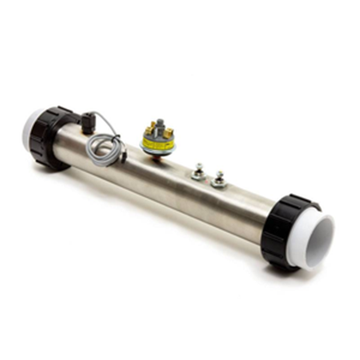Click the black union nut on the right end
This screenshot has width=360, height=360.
(x=284, y=232)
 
